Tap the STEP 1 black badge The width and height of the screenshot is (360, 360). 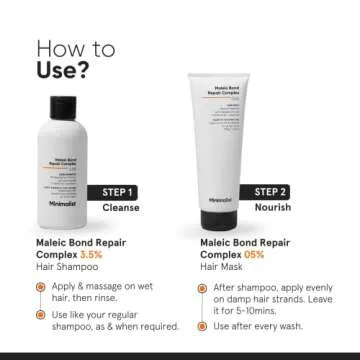118,191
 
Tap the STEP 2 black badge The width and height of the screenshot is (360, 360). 272,191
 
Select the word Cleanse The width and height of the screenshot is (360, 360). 121,208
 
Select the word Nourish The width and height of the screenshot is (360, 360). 271,209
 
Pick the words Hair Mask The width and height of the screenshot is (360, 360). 214,268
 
